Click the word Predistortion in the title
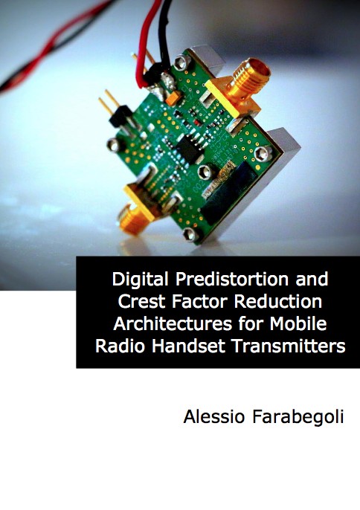point(232,279)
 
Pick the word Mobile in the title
point(298,323)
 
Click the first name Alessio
point(214,416)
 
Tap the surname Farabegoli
point(298,417)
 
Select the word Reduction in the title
point(278,301)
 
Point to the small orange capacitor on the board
point(173,98)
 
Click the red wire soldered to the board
point(145,42)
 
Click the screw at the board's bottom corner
point(190,234)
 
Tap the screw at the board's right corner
point(263,153)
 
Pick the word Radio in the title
point(120,346)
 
